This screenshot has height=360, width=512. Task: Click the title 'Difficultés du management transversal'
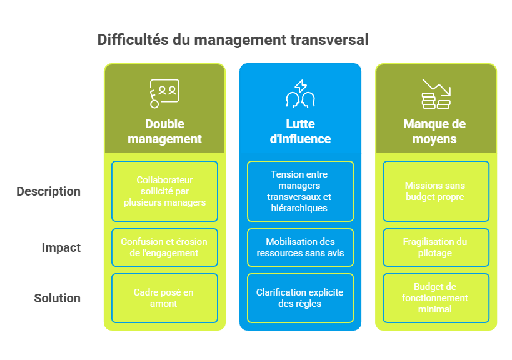[233, 40]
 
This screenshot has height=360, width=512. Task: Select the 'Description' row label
[49, 191]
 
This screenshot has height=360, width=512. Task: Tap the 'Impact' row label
[61, 247]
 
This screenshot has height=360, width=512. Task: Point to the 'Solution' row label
[58, 298]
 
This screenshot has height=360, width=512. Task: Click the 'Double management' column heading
[164, 131]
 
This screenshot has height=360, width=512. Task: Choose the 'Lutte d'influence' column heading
[300, 131]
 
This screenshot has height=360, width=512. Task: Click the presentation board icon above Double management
[164, 93]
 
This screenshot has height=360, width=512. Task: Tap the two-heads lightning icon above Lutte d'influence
[300, 93]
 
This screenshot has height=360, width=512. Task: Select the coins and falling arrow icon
[435, 93]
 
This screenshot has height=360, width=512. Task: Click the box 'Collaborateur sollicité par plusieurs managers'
[164, 191]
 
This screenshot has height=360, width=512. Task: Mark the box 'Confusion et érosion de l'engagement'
[164, 247]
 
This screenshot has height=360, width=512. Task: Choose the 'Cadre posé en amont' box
[164, 298]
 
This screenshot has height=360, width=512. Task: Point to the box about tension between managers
[300, 191]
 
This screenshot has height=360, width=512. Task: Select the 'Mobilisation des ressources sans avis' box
[300, 247]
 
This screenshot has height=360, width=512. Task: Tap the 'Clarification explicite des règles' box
[300, 298]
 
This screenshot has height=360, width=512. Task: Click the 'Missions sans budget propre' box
[435, 191]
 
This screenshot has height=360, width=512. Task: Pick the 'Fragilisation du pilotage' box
[435, 247]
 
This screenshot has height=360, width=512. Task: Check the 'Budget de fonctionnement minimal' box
[435, 298]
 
